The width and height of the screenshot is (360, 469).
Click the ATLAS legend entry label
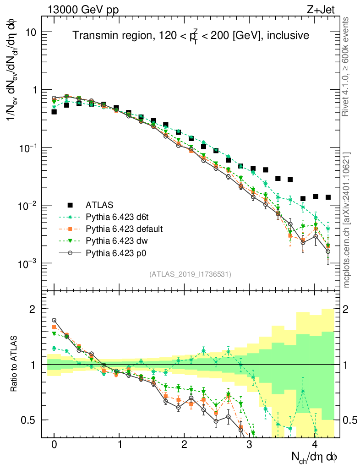pyautogui.click(x=98, y=205)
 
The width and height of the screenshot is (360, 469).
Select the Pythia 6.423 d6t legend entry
pyautogui.click(x=118, y=217)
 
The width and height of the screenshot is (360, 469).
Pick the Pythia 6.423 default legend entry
pyautogui.click(x=124, y=229)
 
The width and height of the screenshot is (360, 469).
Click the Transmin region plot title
pyautogui.click(x=191, y=35)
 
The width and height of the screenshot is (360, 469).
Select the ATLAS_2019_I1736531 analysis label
pyautogui.click(x=190, y=274)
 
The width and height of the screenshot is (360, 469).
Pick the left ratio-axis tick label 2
pyautogui.click(x=34, y=310)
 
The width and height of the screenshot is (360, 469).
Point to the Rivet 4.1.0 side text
pyautogui.click(x=347, y=67)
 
